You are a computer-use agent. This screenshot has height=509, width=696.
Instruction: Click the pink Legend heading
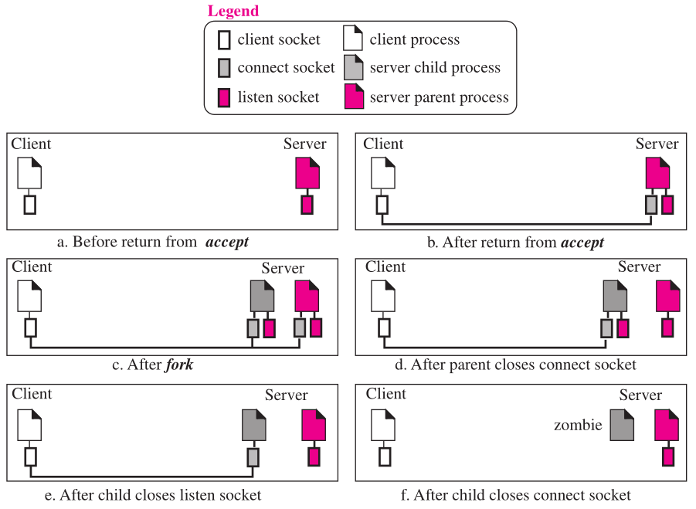233,11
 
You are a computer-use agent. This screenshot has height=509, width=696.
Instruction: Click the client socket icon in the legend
224,40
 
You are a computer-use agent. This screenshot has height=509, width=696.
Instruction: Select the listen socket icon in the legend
224,97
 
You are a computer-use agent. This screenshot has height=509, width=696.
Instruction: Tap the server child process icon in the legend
354,67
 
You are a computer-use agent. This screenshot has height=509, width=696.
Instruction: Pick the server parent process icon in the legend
354,97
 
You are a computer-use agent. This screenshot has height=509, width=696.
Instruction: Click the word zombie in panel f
578,425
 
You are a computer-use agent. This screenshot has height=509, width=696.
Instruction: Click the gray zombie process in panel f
622,425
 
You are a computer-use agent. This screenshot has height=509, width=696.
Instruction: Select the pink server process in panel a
307,172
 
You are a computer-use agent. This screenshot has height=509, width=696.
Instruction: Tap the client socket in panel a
29,205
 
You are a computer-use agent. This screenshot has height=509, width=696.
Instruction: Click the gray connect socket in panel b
651,205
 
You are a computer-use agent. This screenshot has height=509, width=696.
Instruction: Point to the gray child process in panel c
262,296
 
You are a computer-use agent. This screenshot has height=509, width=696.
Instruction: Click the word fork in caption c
179,365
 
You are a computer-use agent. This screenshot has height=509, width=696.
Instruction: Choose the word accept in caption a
227,242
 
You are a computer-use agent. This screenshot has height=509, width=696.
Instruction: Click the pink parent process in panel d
668,296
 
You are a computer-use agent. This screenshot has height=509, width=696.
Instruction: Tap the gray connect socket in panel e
253,457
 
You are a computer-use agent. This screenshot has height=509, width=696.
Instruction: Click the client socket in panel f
385,456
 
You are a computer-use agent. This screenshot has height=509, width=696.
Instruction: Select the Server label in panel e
287,395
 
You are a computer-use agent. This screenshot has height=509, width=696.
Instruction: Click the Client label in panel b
383,144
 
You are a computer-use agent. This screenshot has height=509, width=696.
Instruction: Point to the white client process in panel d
382,296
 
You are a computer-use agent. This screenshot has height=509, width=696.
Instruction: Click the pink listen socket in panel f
668,456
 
